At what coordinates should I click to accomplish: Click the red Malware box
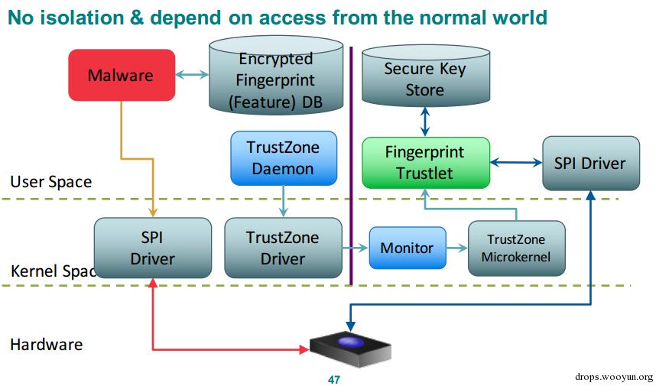(x=121, y=75)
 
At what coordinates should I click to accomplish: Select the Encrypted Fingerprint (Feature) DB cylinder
(x=265, y=80)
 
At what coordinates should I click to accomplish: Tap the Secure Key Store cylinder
(x=424, y=79)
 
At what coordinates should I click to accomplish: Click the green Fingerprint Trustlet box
(x=424, y=162)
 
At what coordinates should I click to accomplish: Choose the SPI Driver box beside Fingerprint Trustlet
(x=590, y=162)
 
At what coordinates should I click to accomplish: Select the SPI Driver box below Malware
(x=152, y=248)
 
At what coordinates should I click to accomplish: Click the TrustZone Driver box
(x=282, y=248)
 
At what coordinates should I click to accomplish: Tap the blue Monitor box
(x=407, y=248)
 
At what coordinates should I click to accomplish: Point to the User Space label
(x=50, y=182)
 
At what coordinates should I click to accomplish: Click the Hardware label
(x=46, y=344)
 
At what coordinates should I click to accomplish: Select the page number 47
(x=333, y=379)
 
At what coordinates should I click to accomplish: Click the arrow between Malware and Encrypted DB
(x=192, y=74)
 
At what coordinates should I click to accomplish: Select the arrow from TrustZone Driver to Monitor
(x=355, y=248)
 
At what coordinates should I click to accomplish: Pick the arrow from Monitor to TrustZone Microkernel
(x=456, y=248)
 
